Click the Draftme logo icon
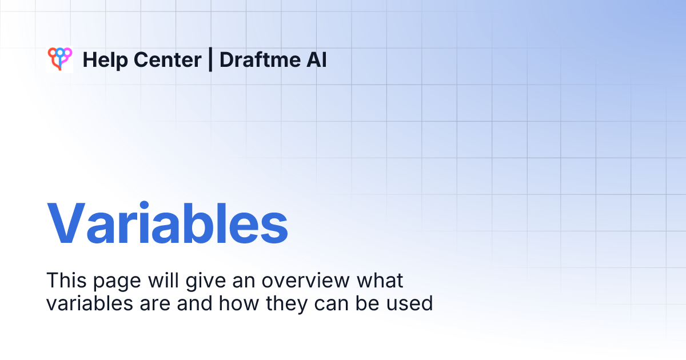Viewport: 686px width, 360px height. coord(59,59)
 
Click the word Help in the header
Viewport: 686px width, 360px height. coord(102,60)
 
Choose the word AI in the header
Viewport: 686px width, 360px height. coord(317,60)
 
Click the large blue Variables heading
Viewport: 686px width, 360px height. coord(167,223)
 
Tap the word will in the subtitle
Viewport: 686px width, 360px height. coord(151,281)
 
